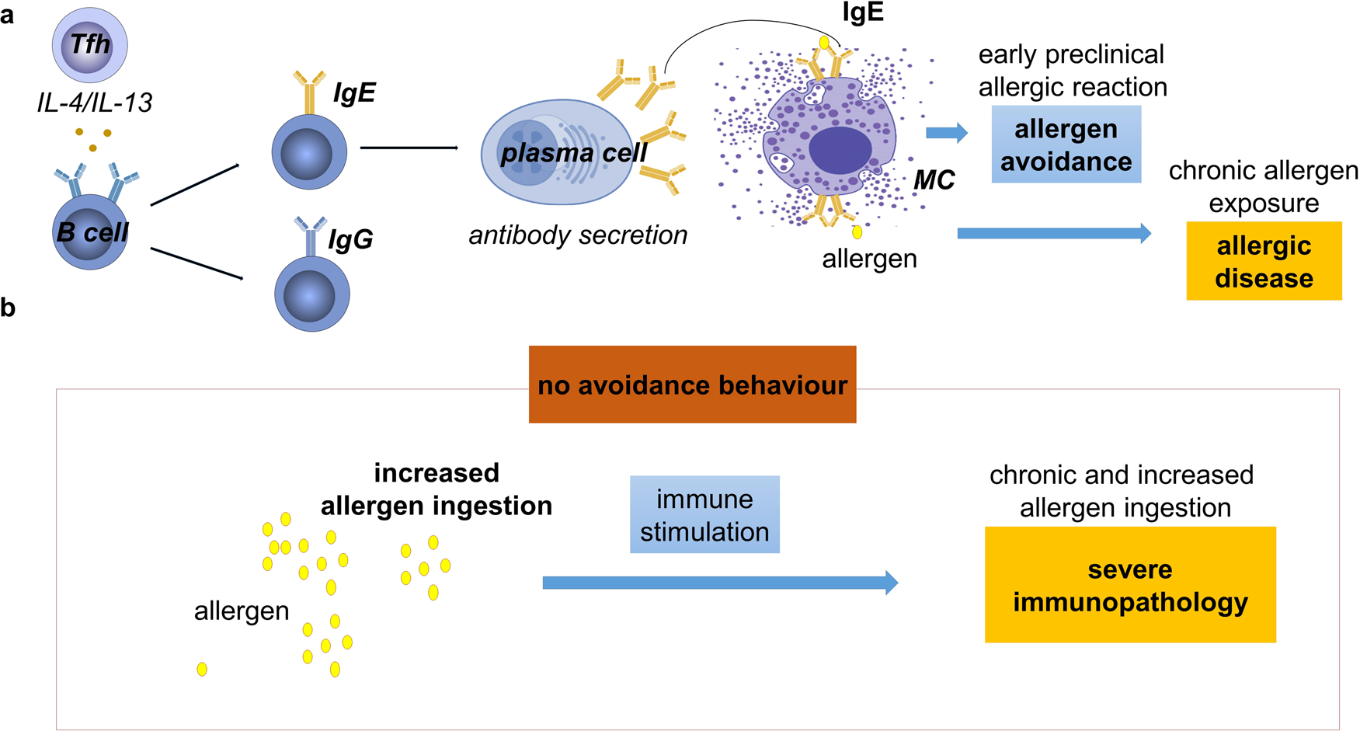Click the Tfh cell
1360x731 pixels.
90,45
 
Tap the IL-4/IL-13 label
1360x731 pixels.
95,102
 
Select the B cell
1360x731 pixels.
90,232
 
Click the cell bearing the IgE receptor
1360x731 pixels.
309,151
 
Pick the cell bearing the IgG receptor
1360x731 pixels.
311,294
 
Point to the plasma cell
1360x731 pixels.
555,153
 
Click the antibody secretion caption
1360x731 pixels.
578,235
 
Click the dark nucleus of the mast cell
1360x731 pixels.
840,151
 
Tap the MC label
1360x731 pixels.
934,180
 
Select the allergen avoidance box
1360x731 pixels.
1066,144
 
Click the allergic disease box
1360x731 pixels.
1264,261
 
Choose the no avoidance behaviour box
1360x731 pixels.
692,385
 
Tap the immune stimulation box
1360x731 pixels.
704,514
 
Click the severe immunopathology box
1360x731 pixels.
1130,585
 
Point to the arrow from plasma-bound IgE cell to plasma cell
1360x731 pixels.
409,148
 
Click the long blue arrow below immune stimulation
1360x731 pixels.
719,583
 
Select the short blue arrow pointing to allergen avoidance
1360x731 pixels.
947,133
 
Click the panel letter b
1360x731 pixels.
8,308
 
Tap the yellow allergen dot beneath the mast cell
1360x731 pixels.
857,231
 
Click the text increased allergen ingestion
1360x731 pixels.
437,489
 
